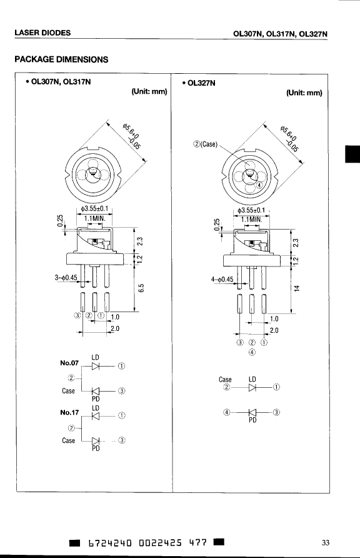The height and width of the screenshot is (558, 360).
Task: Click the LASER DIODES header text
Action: tap(42, 33)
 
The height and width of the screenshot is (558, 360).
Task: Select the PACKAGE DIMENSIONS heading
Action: tap(61, 59)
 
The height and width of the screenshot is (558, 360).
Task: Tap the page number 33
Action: tap(325, 542)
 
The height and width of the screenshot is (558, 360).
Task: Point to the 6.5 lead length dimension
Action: tap(141, 288)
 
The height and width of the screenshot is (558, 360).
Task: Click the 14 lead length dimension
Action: tap(297, 288)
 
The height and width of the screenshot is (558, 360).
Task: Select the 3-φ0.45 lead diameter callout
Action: tap(66, 277)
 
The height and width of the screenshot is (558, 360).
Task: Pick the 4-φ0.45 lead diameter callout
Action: tap(222, 280)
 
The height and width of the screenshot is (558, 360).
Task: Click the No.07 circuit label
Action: tap(69, 363)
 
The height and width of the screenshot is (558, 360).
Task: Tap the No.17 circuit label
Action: tap(69, 412)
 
